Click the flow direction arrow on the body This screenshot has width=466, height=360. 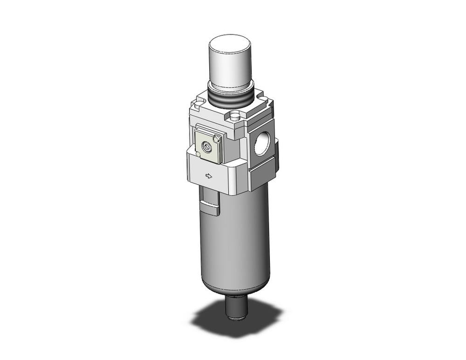209,176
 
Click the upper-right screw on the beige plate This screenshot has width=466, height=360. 216,138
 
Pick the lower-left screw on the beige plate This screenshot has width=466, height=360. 199,153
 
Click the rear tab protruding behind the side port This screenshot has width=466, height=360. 276,154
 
